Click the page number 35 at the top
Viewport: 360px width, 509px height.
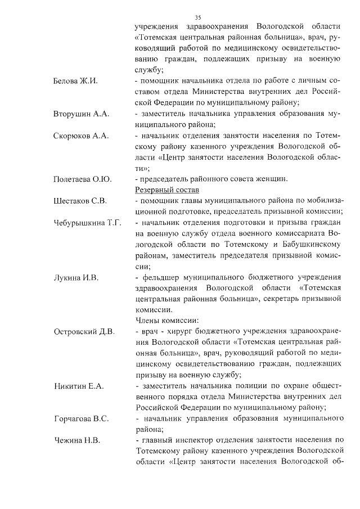pos(197,18)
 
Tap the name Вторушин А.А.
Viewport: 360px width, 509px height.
pos(81,114)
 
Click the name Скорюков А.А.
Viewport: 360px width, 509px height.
pos(81,136)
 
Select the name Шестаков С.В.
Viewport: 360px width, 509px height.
pos(80,201)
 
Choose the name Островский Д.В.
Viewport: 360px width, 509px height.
pos(84,331)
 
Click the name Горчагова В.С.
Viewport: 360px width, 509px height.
pos(81,419)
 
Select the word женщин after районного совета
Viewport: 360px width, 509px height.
pos(272,179)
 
